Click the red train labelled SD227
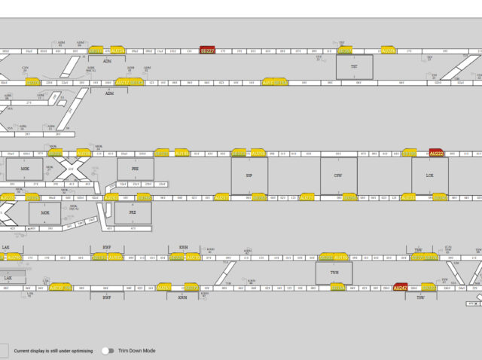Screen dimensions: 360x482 [207, 50]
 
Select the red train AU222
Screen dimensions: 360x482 [436, 153]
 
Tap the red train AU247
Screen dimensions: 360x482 [401, 287]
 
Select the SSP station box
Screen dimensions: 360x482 [249, 175]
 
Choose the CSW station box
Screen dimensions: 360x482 [338, 175]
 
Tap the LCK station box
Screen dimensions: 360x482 [429, 175]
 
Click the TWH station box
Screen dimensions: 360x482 [334, 272]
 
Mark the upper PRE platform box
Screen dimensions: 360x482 [135, 169]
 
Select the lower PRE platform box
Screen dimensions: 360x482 [133, 212]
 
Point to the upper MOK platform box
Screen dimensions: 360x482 [26, 169]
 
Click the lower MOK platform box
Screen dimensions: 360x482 [44, 212]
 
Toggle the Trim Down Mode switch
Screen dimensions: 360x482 [109, 351]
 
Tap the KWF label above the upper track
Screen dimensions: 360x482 [106, 247]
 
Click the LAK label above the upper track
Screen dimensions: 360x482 [6, 247]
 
